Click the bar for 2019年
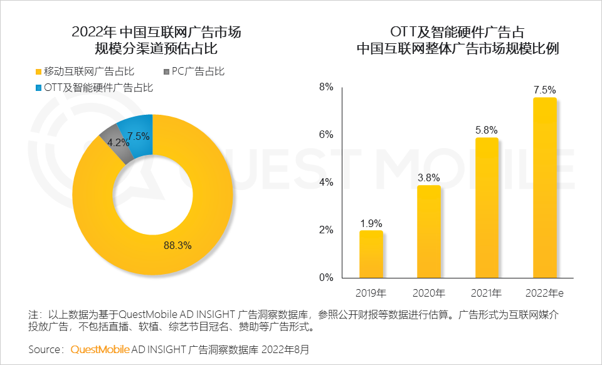click(371, 254)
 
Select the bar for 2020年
click(429, 231)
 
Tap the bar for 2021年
click(487, 208)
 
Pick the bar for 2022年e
click(544, 188)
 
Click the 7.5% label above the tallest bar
click(544, 90)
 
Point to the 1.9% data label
click(371, 223)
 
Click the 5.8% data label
click(487, 130)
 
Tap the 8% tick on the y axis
click(325, 87)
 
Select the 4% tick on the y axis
click(325, 182)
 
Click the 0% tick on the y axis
click(325, 278)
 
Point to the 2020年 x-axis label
click(429, 293)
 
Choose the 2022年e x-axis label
click(544, 293)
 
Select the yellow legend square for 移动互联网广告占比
click(38, 71)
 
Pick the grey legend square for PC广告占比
click(166, 71)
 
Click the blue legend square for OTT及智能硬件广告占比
click(38, 88)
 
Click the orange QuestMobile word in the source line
click(100, 348)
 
